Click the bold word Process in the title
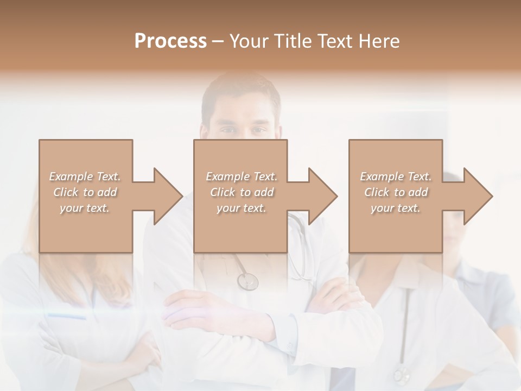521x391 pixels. point(170,41)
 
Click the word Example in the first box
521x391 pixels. point(71,176)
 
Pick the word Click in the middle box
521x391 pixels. point(221,192)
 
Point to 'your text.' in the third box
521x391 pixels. point(395,208)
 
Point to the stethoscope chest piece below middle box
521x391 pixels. point(247,281)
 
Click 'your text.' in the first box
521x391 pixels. point(84,208)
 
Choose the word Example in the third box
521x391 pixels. point(382,176)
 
